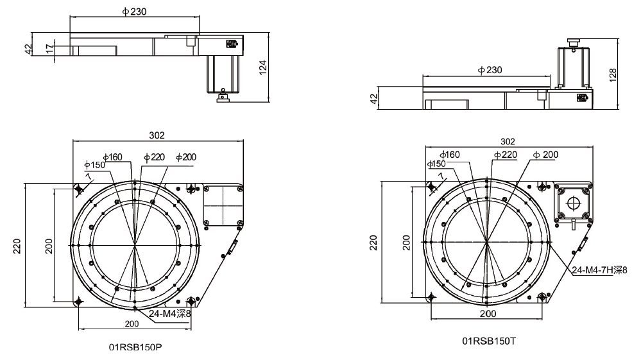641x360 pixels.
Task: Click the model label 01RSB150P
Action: pyautogui.click(x=135, y=347)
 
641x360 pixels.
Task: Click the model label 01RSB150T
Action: pyautogui.click(x=489, y=341)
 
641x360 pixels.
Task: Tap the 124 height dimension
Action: pyautogui.click(x=263, y=67)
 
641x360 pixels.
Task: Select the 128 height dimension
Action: pyautogui.click(x=612, y=76)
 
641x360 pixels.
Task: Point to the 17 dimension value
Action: pyautogui.click(x=49, y=49)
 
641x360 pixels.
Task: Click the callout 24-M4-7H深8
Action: pyautogui.click(x=599, y=270)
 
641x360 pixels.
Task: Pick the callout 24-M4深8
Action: pyautogui.click(x=169, y=314)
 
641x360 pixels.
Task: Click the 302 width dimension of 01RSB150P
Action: pyautogui.click(x=157, y=135)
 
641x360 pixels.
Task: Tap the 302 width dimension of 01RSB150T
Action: pyautogui.click(x=508, y=141)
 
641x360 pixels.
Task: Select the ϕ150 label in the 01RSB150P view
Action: pyautogui.click(x=95, y=165)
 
